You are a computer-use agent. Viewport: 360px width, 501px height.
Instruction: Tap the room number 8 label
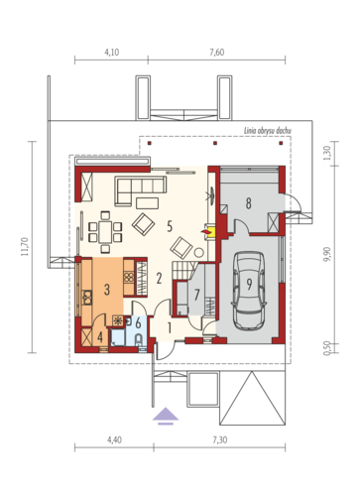click(x=248, y=203)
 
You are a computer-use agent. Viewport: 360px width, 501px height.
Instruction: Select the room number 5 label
click(x=170, y=226)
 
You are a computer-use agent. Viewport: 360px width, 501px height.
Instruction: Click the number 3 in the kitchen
click(x=107, y=290)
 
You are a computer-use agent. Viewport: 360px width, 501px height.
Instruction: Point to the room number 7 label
click(x=197, y=295)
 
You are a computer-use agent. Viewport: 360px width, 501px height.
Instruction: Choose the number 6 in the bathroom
click(x=138, y=322)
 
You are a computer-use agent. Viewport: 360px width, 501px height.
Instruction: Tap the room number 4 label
click(x=100, y=337)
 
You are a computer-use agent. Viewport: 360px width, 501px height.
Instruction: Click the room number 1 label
click(x=170, y=328)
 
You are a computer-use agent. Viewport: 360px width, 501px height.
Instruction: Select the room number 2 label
click(x=159, y=279)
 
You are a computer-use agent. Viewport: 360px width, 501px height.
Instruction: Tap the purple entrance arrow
click(x=166, y=416)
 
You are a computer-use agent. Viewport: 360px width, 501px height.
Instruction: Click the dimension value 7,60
click(x=216, y=53)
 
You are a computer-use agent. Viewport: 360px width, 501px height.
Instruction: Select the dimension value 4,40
click(x=114, y=439)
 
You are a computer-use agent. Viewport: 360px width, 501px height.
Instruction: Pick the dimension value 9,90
click(x=327, y=254)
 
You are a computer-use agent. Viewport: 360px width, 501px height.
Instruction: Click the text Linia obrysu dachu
click(x=268, y=131)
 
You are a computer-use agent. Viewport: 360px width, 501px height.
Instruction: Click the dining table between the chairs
click(x=105, y=232)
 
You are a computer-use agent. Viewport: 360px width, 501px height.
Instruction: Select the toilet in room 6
click(x=139, y=339)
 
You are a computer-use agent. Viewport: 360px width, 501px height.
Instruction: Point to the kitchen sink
click(x=86, y=297)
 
